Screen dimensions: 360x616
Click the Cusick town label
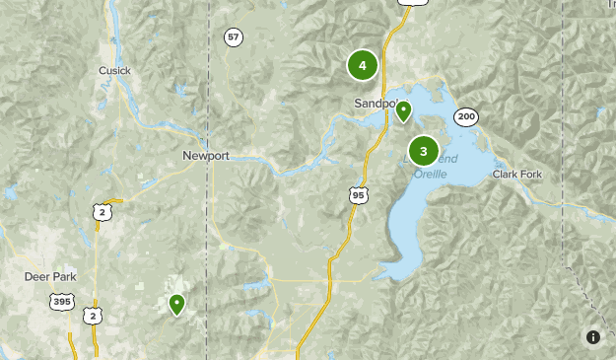114,70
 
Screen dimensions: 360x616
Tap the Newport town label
206,156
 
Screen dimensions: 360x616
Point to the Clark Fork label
518,174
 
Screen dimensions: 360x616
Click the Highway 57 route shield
233,37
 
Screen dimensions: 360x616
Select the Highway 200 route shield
465,117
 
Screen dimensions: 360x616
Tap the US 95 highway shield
359,195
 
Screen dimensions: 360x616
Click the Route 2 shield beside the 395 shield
92,315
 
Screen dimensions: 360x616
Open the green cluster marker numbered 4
363,66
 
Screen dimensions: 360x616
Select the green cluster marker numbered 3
424,151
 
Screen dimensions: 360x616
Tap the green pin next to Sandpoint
402,111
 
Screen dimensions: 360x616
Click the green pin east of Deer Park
176,304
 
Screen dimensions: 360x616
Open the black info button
593,337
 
